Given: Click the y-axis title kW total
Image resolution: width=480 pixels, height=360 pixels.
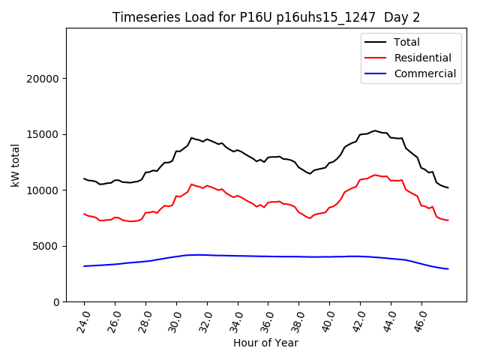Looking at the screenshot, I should tap(16, 165).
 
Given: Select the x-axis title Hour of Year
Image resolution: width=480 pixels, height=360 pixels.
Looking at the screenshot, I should tap(265, 343).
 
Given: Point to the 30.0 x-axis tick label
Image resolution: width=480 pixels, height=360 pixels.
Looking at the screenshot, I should tap(175, 319).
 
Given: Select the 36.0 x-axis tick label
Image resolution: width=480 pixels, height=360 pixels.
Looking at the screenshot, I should tap(267, 319).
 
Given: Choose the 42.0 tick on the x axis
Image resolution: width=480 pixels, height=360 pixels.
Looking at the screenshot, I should tap(359, 319).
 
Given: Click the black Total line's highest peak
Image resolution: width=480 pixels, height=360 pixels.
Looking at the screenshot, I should tap(375, 130).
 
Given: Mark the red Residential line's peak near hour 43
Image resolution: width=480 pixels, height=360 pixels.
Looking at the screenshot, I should tap(375, 175).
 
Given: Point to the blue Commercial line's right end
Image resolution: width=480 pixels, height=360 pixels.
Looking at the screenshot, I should tap(448, 268).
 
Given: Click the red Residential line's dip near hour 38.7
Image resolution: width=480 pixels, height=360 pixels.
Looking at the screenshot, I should tap(310, 218).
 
